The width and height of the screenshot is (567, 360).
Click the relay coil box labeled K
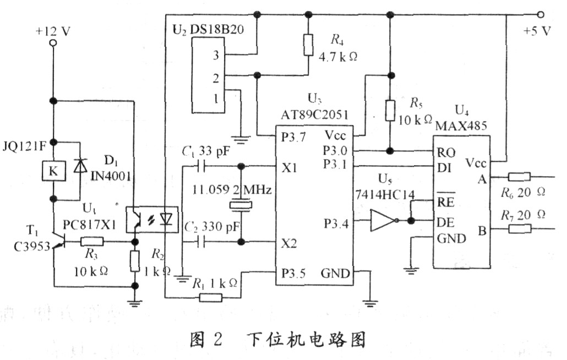pyautogui.click(x=53, y=172)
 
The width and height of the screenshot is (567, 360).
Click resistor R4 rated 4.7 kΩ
pyautogui.click(x=308, y=45)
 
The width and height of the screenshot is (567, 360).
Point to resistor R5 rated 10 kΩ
pyautogui.click(x=390, y=110)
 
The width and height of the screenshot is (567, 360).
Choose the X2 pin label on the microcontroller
pyautogui.click(x=290, y=242)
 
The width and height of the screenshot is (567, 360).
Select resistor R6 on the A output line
pyautogui.click(x=519, y=177)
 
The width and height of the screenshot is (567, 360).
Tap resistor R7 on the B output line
pyautogui.click(x=519, y=228)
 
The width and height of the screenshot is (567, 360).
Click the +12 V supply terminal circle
pyautogui.click(x=53, y=42)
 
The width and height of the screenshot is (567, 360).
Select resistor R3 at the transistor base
pyautogui.click(x=91, y=241)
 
